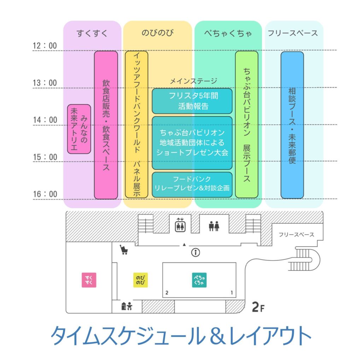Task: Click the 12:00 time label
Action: tap(45, 46)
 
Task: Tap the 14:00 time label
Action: tap(45, 120)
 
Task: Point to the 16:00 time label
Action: tap(45, 194)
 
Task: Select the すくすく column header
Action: tap(92, 34)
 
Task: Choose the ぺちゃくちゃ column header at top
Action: tap(228, 34)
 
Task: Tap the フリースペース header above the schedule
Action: tap(293, 34)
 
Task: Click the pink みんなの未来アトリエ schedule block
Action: tap(79, 129)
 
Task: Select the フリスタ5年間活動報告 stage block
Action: tap(192, 101)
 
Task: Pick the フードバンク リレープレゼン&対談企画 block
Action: tap(192, 184)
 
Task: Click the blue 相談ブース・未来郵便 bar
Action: tap(292, 125)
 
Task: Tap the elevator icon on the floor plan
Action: tap(180, 225)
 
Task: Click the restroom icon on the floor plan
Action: tap(214, 226)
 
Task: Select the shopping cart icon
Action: tap(124, 250)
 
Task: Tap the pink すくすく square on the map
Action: tap(89, 280)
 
